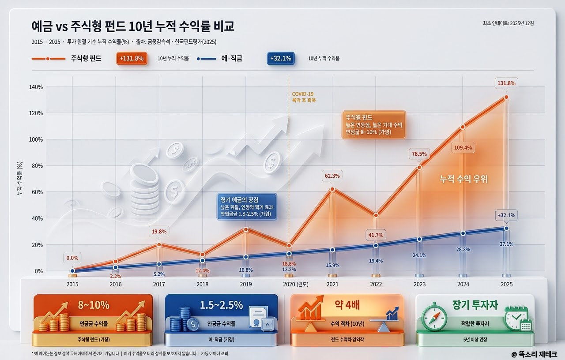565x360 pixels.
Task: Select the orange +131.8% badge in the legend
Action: coord(131,59)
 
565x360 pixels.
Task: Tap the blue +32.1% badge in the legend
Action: coord(280,59)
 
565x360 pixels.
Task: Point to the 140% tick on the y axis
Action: coord(36,87)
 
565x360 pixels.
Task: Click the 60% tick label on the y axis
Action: coord(38,192)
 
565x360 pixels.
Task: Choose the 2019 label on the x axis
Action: coord(245,285)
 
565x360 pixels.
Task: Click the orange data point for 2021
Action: coord(332,189)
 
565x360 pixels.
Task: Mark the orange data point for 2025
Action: coord(506,97)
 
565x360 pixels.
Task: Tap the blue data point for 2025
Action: coord(506,228)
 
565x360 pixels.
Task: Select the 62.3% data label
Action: coord(332,176)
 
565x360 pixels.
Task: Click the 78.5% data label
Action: coord(419,154)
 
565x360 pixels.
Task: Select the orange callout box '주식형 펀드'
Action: coord(373,125)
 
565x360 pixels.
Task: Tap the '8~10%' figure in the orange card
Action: coord(93,305)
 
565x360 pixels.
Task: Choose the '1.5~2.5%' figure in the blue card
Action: coord(221,305)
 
